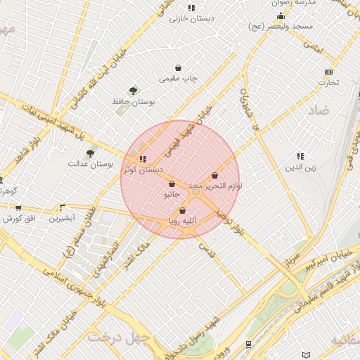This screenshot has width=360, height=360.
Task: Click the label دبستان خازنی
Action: pyautogui.click(x=185, y=19)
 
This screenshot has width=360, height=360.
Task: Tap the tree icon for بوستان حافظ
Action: pyautogui.click(x=133, y=90)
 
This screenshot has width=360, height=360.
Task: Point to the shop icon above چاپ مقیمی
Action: pyautogui.click(x=179, y=68)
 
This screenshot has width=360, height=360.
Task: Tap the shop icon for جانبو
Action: pyautogui.click(x=172, y=184)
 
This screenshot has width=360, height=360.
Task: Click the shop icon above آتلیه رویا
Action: pyautogui.click(x=183, y=210)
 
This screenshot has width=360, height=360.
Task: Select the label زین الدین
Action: pyautogui.click(x=300, y=167)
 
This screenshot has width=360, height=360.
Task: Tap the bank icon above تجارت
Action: pyautogui.click(x=328, y=72)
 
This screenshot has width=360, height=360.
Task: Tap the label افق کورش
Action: pyautogui.click(x=19, y=219)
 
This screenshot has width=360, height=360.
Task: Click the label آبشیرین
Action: pyautogui.click(x=63, y=219)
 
